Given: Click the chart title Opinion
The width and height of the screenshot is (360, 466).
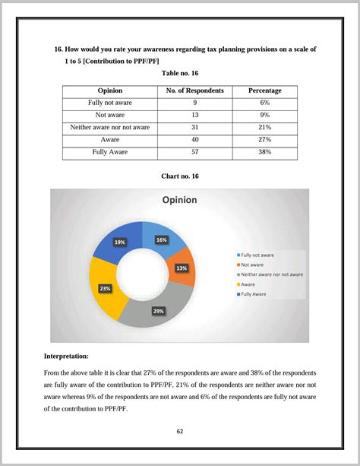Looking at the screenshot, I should point(179,200).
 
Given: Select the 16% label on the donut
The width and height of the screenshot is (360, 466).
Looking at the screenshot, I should point(161,239).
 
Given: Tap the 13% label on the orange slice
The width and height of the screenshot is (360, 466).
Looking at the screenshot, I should point(182,268).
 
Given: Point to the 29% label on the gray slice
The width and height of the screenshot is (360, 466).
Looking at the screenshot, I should point(158,311).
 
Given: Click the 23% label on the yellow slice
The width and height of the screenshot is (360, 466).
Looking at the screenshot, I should point(105,288).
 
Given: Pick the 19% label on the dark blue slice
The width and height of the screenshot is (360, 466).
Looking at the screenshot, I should point(120,242).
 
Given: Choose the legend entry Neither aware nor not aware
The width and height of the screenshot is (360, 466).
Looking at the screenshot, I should point(272,274).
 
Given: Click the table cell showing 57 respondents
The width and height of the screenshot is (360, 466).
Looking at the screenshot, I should point(195,152).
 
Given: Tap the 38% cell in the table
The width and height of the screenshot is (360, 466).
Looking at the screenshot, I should point(264,152).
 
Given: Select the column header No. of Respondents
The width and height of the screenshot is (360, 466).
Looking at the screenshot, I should point(195,90).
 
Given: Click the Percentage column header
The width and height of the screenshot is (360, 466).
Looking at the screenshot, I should point(264,90).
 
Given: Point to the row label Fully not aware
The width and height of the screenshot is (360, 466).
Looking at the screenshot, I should point(110,103).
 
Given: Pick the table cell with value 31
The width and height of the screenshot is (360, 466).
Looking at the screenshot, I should point(195,127).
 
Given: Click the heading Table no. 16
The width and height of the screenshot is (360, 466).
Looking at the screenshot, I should point(180,73).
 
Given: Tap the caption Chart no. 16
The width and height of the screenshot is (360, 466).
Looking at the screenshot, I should point(180,176).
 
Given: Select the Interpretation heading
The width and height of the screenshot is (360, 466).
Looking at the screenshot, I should point(67,356).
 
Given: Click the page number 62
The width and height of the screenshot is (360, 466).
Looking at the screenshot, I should point(180,431).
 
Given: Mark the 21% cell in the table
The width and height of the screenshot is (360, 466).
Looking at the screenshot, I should point(264,127).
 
